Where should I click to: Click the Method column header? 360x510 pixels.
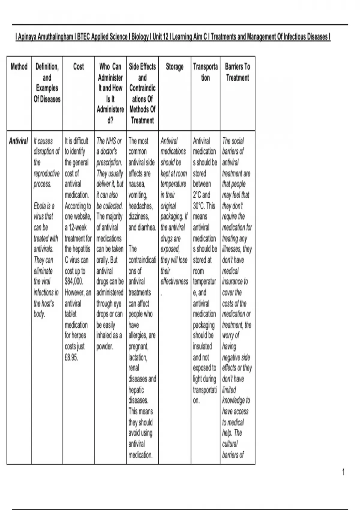[19, 66]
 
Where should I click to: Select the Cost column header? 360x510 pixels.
[79, 66]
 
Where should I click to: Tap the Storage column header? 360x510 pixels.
[175, 66]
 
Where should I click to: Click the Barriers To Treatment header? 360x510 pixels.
[237, 72]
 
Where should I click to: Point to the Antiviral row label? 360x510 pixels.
[18, 141]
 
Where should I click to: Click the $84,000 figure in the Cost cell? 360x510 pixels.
[74, 281]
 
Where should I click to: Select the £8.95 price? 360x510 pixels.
[71, 357]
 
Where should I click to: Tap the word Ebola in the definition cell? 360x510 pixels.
[40, 206]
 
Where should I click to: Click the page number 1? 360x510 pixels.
[343, 472]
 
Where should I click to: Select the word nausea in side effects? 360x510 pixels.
[136, 184]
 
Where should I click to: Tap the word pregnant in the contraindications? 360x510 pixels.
[138, 346]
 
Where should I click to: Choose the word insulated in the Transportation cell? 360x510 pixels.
[202, 346]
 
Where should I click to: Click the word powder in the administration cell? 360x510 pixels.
[105, 346]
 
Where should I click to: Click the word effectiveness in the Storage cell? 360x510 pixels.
[174, 281]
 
